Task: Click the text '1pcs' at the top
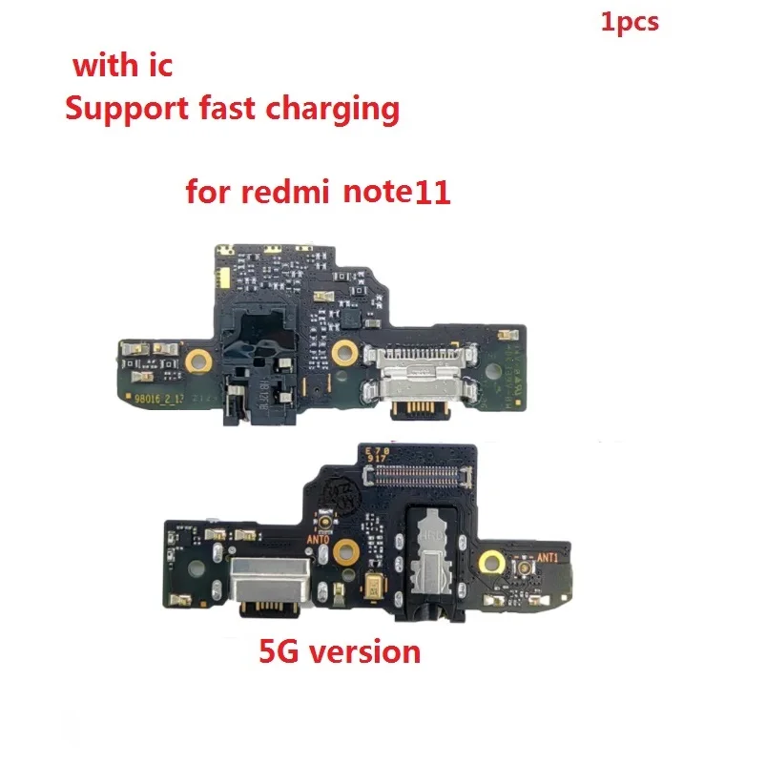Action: [x=630, y=21]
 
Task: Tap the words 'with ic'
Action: [x=121, y=68]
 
